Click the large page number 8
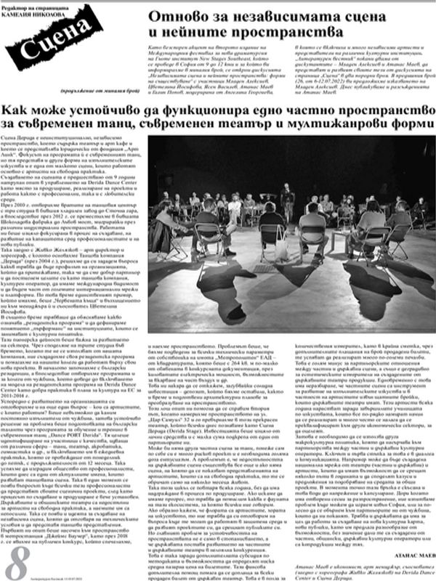point(16,562)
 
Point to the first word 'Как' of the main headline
point(17,110)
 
